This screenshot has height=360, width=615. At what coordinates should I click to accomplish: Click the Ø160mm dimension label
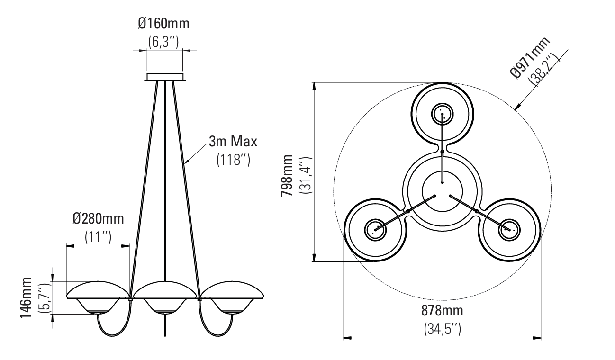[x=163, y=24]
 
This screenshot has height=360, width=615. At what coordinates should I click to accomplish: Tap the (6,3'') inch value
[x=163, y=42]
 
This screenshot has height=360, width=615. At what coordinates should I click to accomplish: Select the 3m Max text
[x=233, y=142]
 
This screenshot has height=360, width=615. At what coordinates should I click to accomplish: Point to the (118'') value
[x=234, y=160]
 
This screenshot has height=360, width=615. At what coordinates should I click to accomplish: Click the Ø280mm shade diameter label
[x=98, y=219]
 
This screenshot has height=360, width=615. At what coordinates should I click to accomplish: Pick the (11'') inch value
[x=98, y=237]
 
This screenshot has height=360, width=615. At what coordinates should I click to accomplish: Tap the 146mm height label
[x=26, y=298]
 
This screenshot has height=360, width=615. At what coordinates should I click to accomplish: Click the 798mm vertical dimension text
[x=287, y=176]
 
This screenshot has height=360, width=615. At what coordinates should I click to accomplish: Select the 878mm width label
[x=443, y=311]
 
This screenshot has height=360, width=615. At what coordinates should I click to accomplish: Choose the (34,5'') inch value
[x=443, y=329]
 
